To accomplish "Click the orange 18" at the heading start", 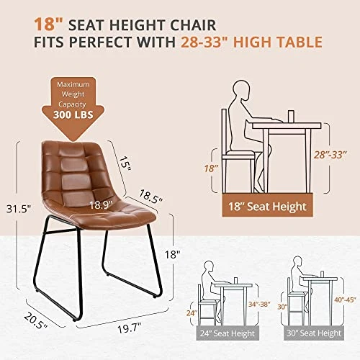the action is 48,24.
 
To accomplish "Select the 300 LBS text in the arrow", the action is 73,114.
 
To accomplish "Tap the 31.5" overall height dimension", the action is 19,209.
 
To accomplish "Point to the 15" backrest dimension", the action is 126,163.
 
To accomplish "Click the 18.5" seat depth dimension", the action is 151,197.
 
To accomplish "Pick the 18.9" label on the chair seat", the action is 101,205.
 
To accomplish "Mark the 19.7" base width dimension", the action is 130,328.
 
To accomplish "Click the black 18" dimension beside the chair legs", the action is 172,254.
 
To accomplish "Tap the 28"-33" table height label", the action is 330,155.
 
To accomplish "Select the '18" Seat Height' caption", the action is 267,207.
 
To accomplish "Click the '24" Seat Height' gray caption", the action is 228,333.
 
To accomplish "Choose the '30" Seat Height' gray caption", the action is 314,333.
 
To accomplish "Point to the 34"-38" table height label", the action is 259,305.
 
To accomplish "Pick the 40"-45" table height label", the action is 345,300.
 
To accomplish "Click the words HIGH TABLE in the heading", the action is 278,42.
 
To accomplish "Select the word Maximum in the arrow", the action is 73,84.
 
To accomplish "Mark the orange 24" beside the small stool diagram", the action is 192,313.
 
